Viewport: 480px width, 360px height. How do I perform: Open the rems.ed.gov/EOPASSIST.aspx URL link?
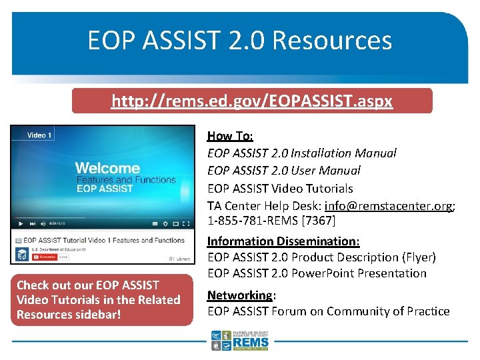click(x=252, y=101)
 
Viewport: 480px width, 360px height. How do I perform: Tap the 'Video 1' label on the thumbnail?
click(x=39, y=135)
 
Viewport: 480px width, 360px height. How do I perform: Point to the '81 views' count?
click(x=179, y=258)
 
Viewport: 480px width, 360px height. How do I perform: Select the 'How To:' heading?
click(x=230, y=136)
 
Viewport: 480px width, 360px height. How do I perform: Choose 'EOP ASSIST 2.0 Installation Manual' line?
click(x=301, y=153)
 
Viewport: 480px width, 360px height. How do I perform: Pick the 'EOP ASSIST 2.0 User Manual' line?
click(x=283, y=171)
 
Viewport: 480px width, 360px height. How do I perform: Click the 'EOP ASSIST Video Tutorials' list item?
click(x=280, y=189)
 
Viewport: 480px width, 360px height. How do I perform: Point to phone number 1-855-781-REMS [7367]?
click(x=271, y=220)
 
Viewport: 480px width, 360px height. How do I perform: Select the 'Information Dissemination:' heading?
click(x=283, y=241)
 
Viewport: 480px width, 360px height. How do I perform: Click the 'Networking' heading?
click(x=239, y=295)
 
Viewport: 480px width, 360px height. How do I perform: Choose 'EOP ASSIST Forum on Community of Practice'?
click(x=328, y=311)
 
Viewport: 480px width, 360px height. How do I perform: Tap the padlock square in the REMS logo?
click(x=215, y=345)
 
